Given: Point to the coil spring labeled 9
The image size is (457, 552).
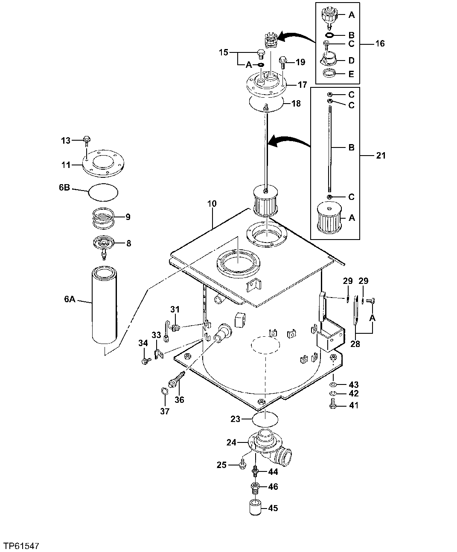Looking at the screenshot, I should tap(103, 217).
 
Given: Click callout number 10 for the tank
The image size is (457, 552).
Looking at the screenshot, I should tap(212, 204).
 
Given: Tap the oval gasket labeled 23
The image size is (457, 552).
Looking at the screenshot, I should tap(265, 419).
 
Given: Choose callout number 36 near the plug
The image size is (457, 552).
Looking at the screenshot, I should tap(179, 399).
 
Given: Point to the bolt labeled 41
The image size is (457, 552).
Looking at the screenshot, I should tap(334, 405).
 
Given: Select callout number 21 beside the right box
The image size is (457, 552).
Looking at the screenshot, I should tap(381, 156).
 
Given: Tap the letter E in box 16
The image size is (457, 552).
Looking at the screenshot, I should tap(351, 74).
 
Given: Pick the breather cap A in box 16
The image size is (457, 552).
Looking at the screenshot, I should tap(329, 16).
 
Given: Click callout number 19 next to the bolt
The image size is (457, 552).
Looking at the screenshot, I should tap(300, 62).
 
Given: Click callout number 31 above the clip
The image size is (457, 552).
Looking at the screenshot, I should tap(175, 309).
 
